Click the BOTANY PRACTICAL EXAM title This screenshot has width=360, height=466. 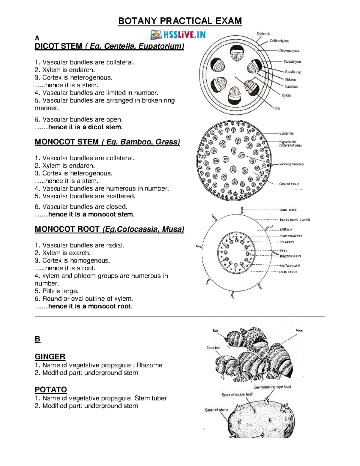(180, 21)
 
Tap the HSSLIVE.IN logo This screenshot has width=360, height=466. (178, 35)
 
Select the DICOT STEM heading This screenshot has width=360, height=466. (109, 46)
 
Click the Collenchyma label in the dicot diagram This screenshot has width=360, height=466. (279, 41)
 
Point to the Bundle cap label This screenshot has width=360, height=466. (293, 72)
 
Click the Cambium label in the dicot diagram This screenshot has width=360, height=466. (291, 86)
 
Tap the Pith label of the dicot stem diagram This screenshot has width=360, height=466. (277, 108)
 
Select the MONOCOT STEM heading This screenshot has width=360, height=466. (107, 142)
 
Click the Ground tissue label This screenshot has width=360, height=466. (289, 184)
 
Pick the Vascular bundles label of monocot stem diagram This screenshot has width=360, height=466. (291, 164)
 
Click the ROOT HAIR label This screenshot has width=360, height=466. (288, 210)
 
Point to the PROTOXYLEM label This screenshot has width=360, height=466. (290, 256)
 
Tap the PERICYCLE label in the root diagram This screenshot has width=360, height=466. (288, 272)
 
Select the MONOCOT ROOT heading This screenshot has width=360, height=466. (109, 229)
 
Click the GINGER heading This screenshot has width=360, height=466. (50, 356)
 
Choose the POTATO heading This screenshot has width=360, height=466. (51, 389)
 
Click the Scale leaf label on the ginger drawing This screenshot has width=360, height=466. (213, 347)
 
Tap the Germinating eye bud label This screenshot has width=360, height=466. (272, 387)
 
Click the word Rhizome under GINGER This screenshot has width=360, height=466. (149, 365)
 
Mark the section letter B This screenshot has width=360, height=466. (37, 339)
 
